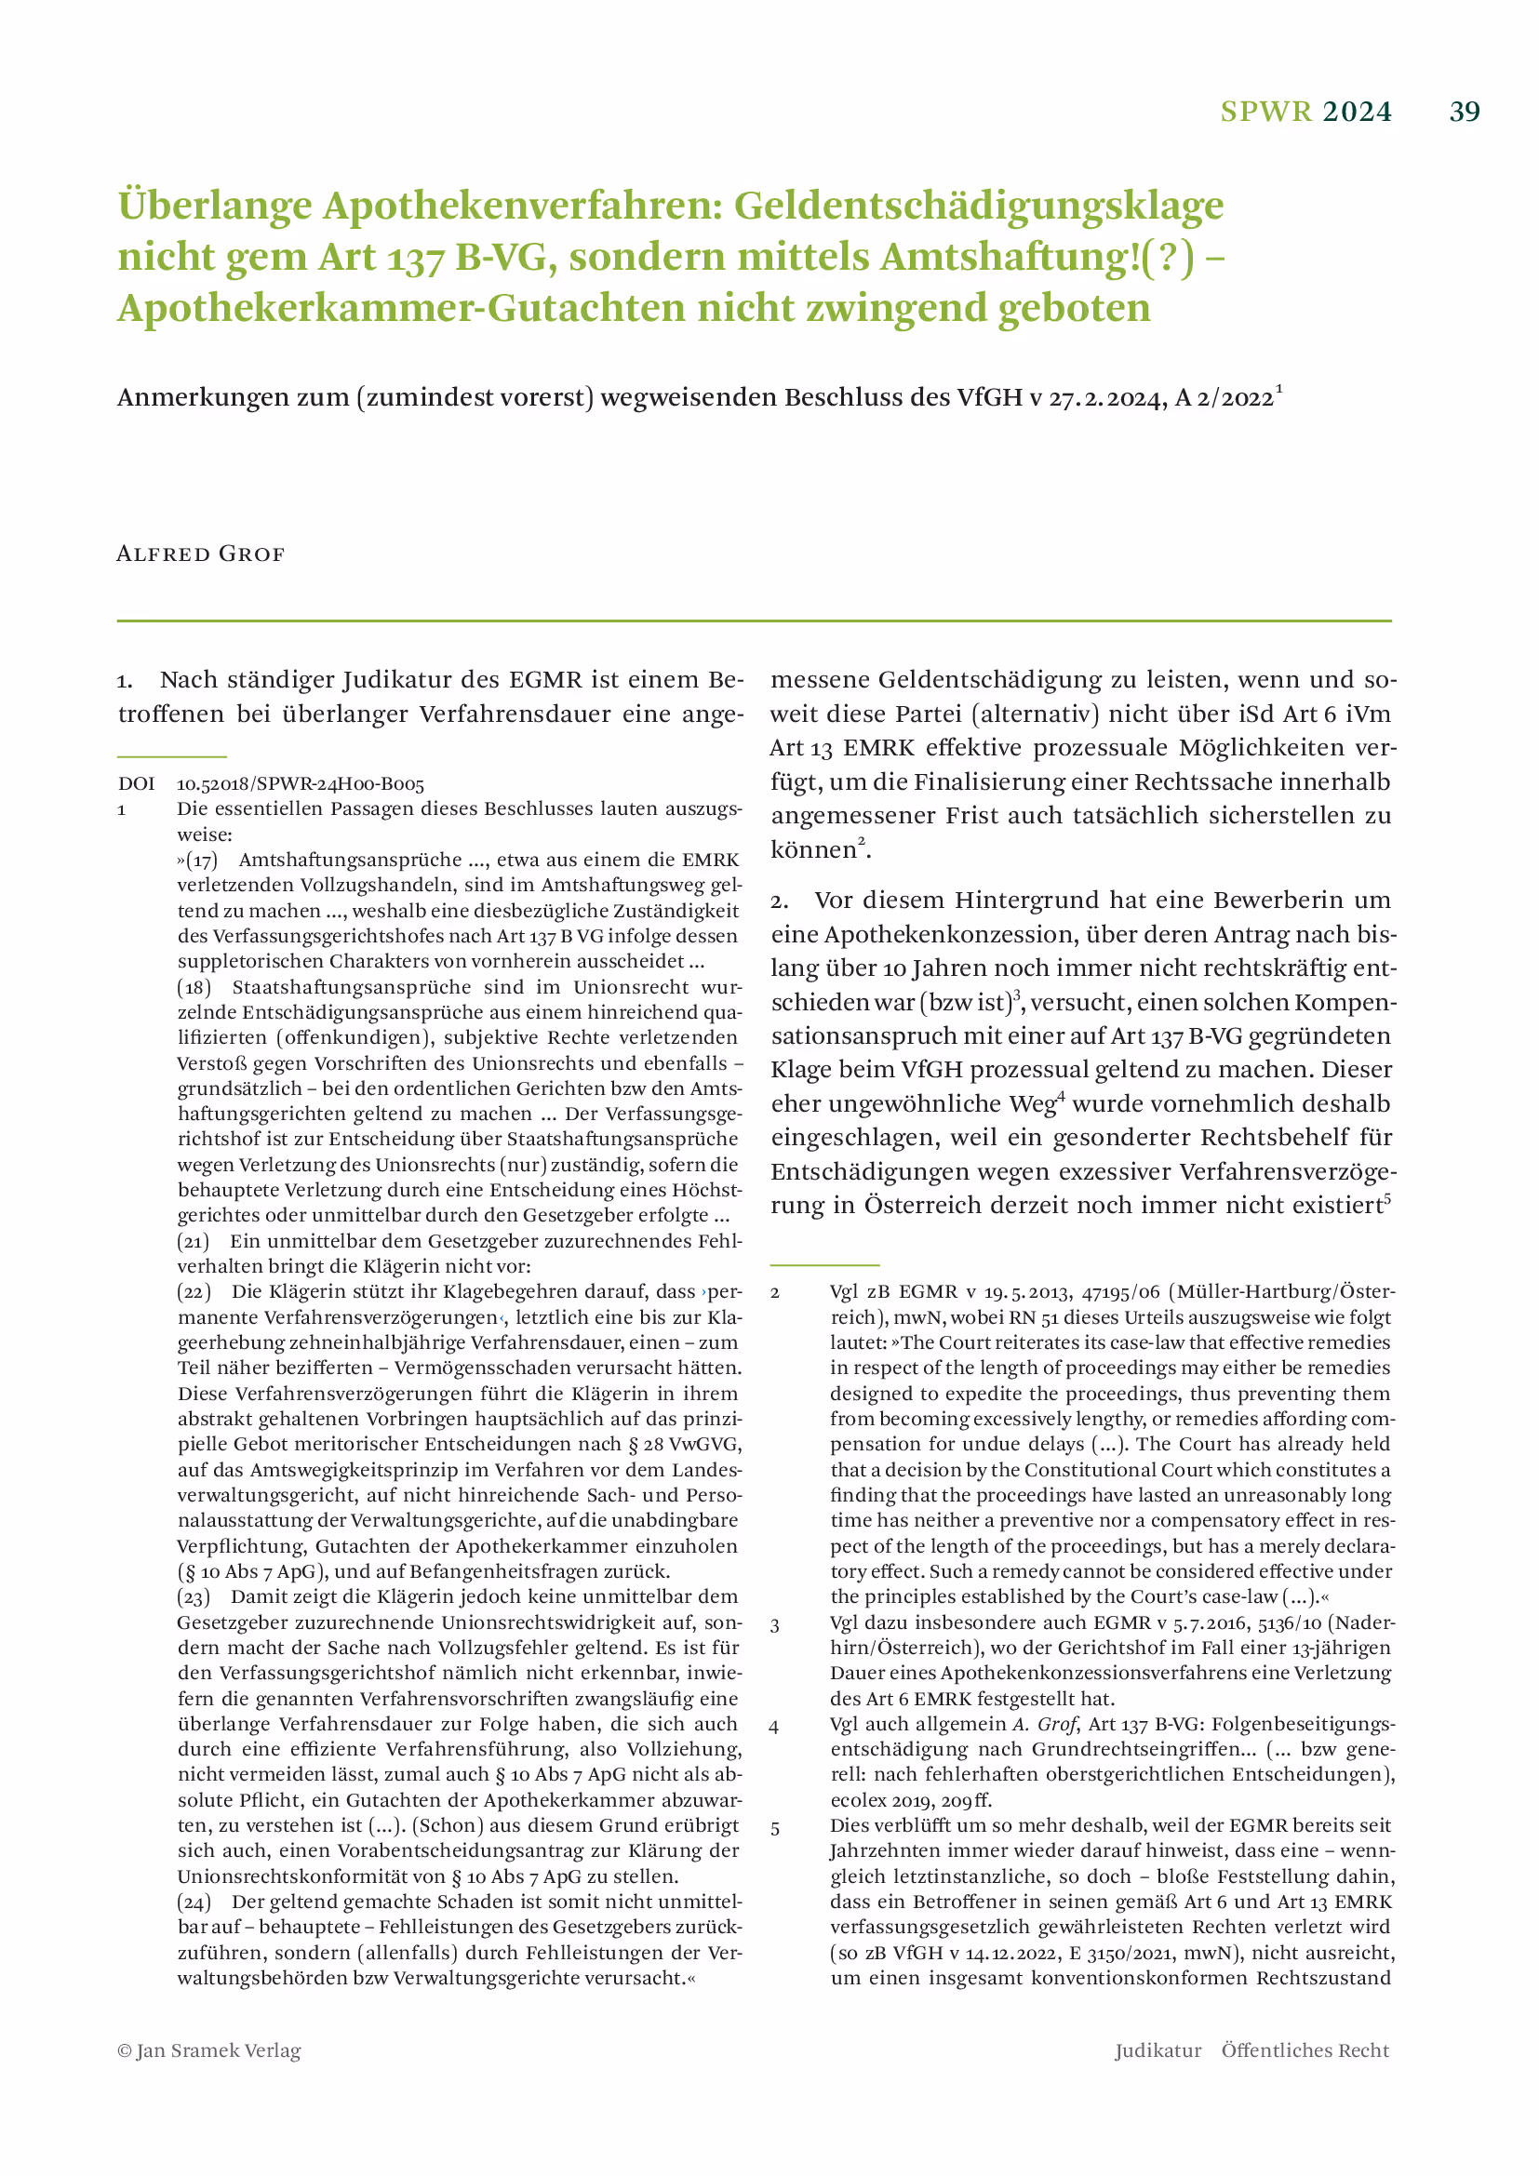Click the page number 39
click(x=1465, y=112)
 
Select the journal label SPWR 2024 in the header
click(x=1305, y=112)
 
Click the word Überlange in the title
click(x=215, y=206)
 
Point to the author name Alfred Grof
click(x=200, y=554)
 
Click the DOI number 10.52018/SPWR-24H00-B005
click(x=301, y=783)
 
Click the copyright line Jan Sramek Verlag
click(x=209, y=2050)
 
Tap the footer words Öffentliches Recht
click(x=1305, y=2050)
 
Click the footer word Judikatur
click(x=1158, y=2050)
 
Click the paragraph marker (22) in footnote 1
click(x=194, y=1291)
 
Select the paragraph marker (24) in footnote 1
click(x=194, y=1902)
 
